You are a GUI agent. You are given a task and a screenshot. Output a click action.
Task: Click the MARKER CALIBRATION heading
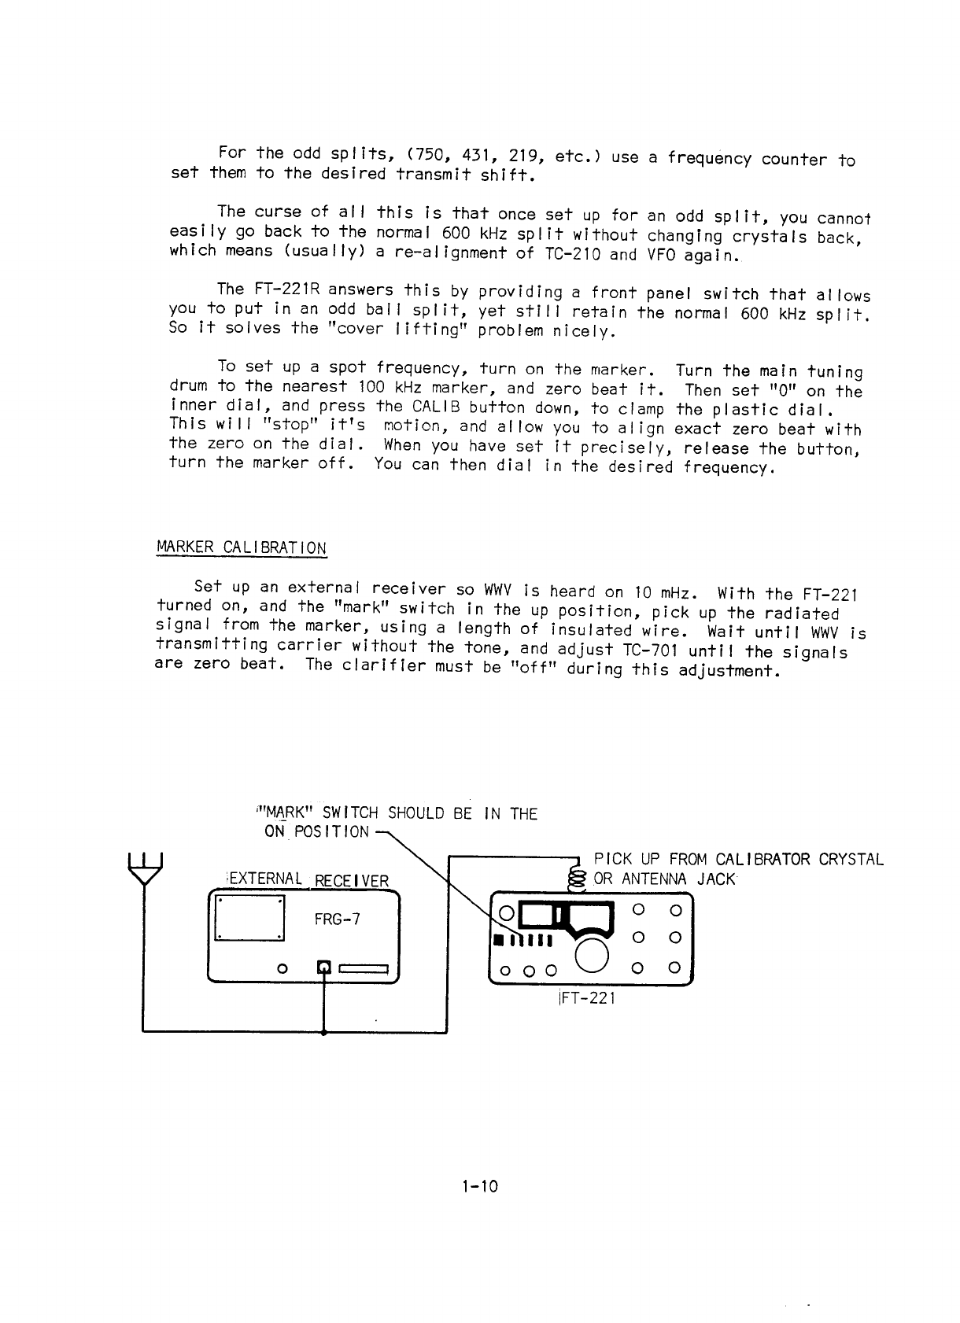242,547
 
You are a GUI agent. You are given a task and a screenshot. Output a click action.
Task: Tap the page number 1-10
480,1186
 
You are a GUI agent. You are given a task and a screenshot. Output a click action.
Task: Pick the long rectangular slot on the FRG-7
364,968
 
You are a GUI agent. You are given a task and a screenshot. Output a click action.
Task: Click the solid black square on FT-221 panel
497,942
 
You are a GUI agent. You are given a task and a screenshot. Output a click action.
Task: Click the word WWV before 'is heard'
500,589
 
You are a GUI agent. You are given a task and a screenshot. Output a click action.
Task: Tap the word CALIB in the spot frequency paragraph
436,407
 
